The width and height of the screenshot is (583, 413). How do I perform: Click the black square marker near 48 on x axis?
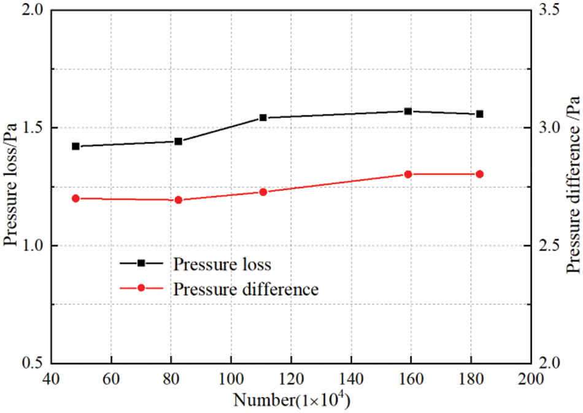point(75,146)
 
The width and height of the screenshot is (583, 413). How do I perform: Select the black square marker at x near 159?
point(408,111)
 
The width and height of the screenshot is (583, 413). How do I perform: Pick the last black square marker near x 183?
point(480,114)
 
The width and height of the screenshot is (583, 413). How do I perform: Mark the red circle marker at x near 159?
point(408,175)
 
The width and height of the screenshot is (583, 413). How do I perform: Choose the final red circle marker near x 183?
point(480,175)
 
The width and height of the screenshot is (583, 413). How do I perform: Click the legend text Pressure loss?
point(222,265)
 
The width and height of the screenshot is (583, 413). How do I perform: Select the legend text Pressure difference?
point(245,289)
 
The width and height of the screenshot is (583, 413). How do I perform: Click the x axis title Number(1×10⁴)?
point(291,399)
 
